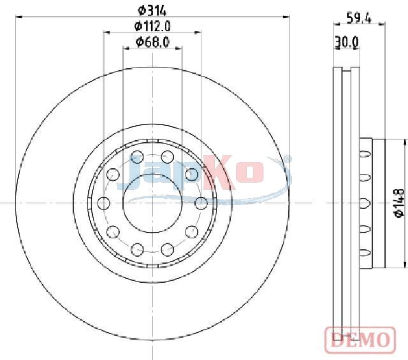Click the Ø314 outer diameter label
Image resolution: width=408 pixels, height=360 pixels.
152,11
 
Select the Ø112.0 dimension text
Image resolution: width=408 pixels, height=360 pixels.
152,26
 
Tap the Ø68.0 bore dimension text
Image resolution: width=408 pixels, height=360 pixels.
152,41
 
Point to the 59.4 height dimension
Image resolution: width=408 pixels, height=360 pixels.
359,18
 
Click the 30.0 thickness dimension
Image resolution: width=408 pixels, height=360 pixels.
347,41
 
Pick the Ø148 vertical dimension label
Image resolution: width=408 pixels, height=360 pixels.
399,203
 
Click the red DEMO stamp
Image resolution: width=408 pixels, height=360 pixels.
360,340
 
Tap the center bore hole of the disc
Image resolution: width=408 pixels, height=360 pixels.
152,203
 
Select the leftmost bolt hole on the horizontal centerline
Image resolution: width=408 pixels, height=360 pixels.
104,203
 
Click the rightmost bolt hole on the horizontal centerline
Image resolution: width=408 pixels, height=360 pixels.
201,203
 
